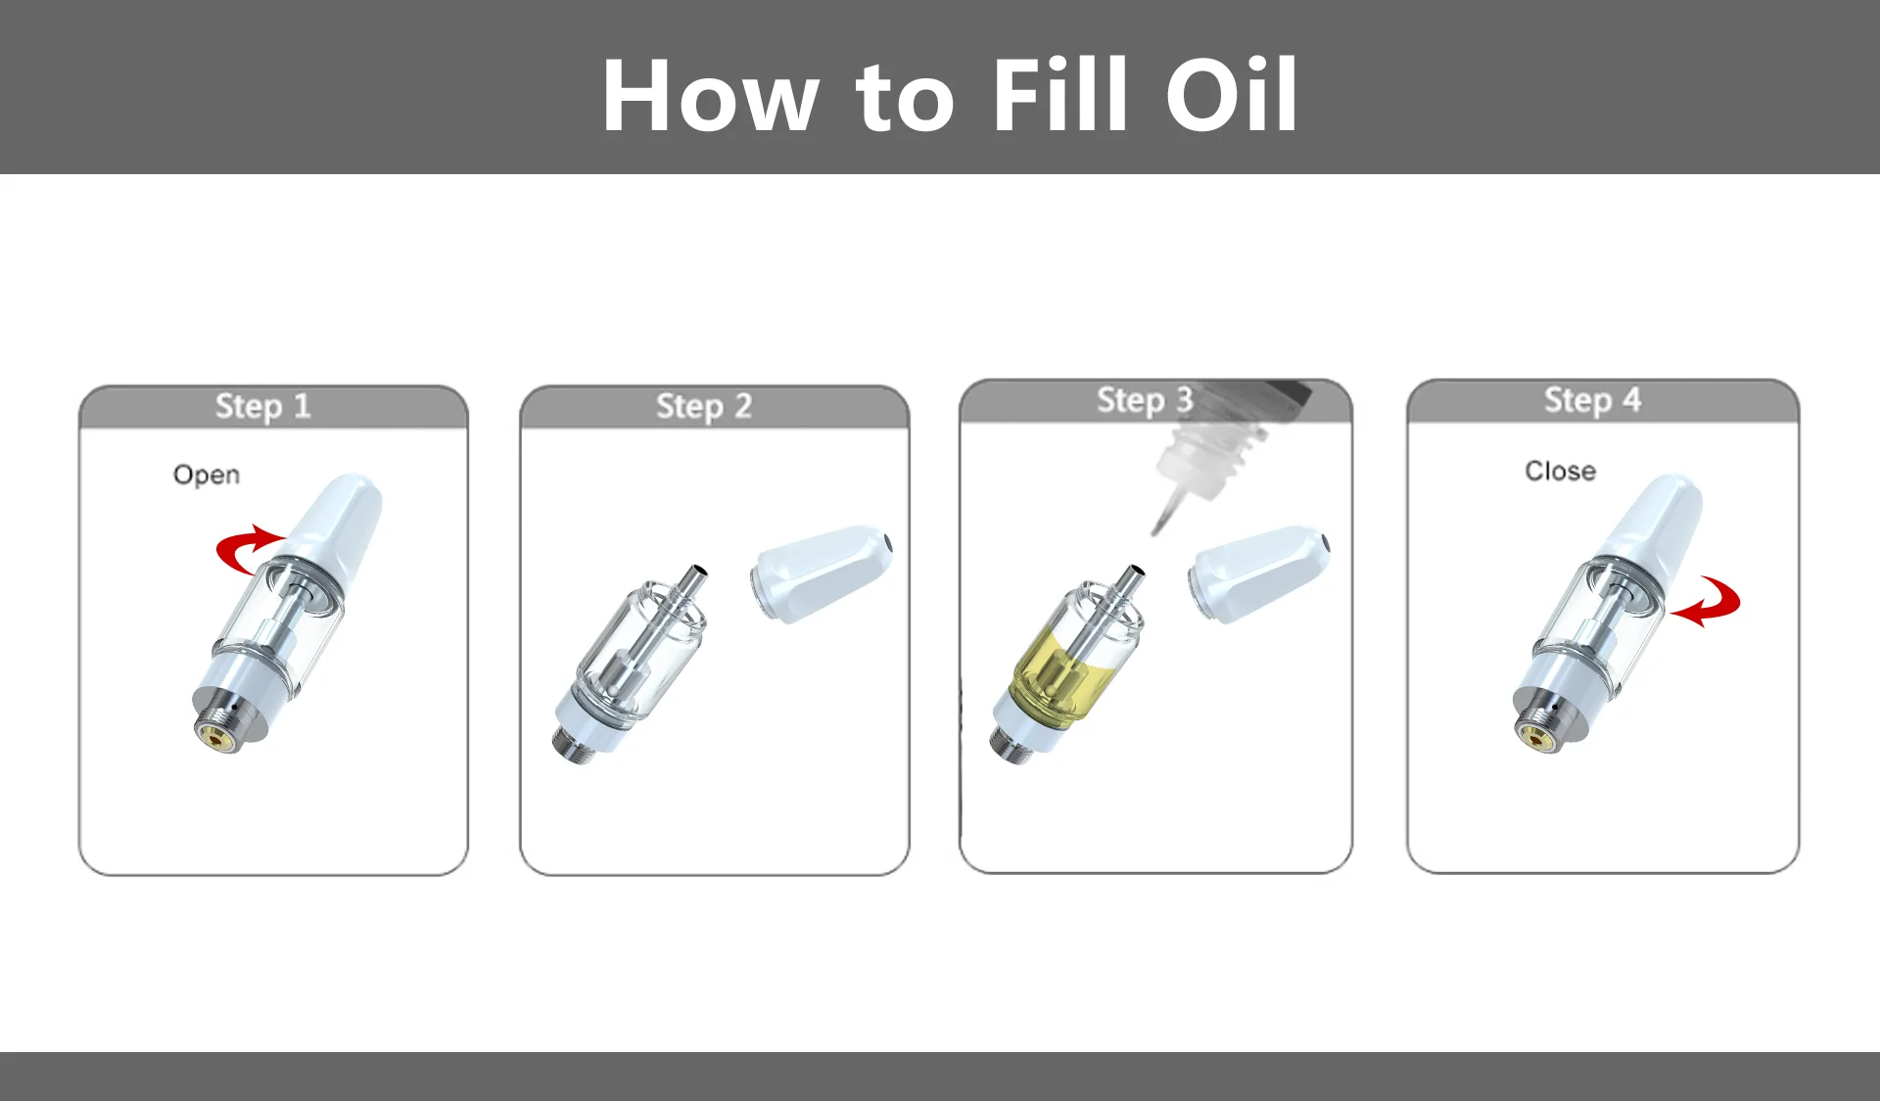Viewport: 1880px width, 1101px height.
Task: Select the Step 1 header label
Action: [262, 405]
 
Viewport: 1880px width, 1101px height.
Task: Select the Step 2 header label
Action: [704, 405]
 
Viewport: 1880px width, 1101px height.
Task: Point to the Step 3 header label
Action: [1145, 399]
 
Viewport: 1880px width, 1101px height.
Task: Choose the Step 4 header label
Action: [1592, 399]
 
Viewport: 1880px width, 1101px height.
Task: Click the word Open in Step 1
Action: [207, 475]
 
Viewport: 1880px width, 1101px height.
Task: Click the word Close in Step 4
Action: [1560, 471]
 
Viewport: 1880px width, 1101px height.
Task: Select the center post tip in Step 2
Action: [698, 571]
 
